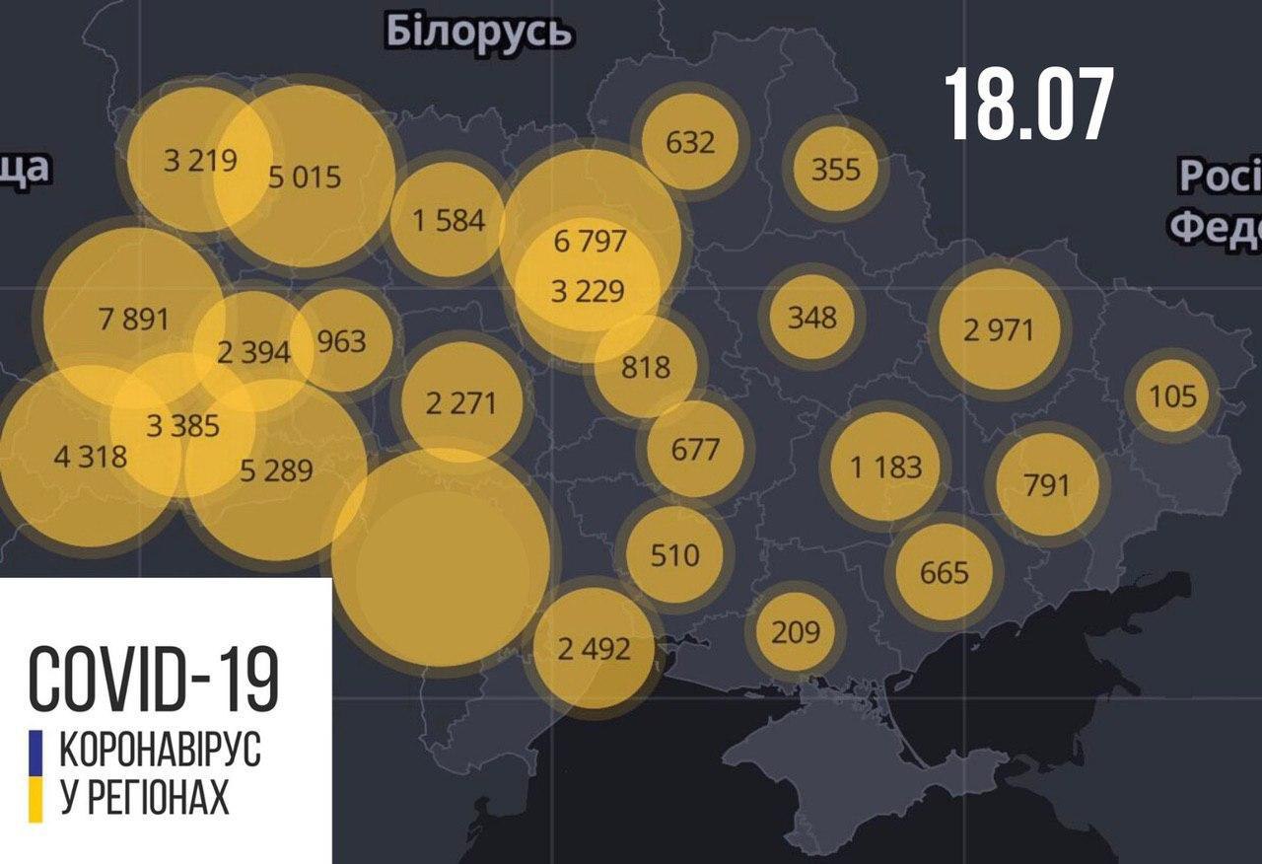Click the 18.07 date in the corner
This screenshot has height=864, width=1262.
click(1029, 105)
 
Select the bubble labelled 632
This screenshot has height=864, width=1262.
click(690, 142)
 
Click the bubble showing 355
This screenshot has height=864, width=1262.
click(835, 169)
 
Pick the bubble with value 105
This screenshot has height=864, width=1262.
click(1172, 396)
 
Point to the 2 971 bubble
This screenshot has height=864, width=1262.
click(1000, 329)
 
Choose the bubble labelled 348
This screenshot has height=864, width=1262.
click(812, 318)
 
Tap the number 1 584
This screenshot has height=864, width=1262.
click(449, 220)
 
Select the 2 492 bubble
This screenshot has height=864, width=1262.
click(594, 648)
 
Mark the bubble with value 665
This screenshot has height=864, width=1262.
click(944, 572)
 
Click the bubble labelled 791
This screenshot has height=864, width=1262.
click(1047, 484)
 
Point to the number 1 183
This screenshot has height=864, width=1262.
click(886, 467)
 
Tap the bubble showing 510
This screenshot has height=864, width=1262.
click(675, 554)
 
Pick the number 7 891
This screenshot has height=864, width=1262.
click(134, 320)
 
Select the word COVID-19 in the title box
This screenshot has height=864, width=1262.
click(153, 679)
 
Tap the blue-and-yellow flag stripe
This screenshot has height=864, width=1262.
click(35, 775)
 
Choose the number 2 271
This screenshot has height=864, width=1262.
click(460, 402)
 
